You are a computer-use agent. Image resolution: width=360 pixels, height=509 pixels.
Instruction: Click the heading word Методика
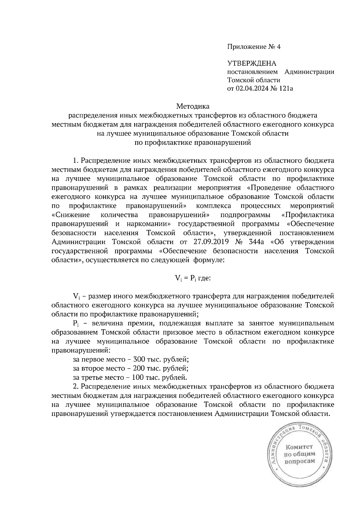tap(193, 106)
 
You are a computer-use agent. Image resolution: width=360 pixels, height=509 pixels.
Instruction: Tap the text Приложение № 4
tap(253, 47)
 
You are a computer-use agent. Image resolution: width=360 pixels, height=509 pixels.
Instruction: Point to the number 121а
tap(285, 88)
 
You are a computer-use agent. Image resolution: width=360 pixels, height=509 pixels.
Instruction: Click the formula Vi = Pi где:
tap(193, 278)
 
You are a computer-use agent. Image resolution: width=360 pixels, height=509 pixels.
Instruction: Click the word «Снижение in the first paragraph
tap(71, 215)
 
